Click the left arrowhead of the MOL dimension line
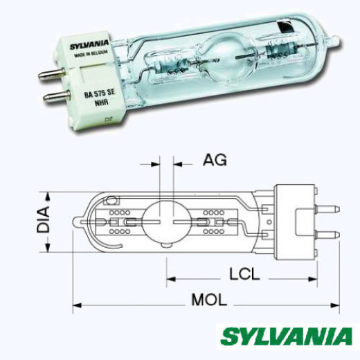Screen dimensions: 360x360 [x=76, y=304]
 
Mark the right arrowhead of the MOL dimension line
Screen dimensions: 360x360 [x=339, y=304]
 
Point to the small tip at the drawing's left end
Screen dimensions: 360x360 [x=75, y=222]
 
